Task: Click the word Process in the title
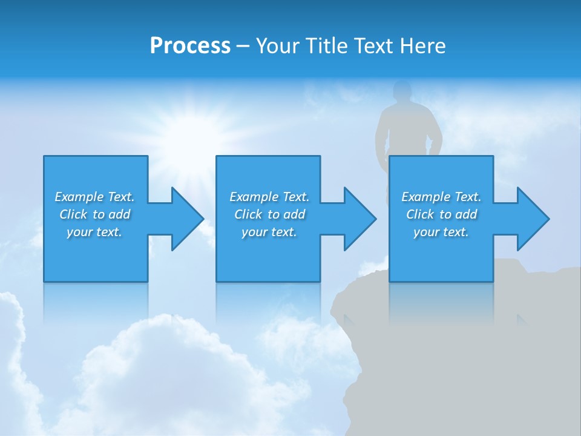[x=190, y=46]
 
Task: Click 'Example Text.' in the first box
[x=94, y=197]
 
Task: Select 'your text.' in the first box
[x=94, y=232]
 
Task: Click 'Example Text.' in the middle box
[x=269, y=197]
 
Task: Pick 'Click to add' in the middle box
[x=269, y=214]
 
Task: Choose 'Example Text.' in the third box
[x=441, y=197]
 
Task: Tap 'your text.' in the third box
[x=441, y=232]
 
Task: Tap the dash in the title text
[x=243, y=47]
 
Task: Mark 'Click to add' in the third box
[x=441, y=214]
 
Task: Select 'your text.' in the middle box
[x=269, y=232]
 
